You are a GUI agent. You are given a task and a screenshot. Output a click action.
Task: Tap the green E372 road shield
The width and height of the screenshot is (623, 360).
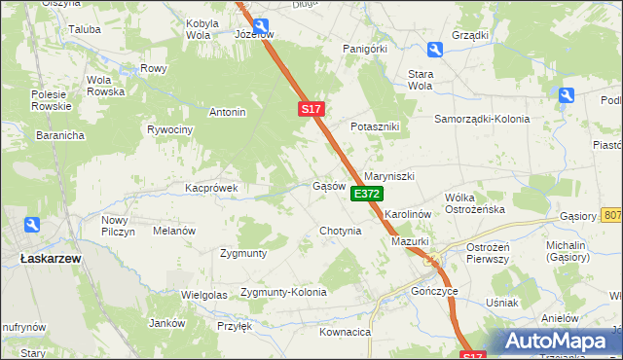coord(367,195)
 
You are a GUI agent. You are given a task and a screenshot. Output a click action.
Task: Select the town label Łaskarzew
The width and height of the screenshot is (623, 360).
coord(51,259)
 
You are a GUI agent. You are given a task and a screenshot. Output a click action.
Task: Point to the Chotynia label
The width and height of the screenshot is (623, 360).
coord(341,232)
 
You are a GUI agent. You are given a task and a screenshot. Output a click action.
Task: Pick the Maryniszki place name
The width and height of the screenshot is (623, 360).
coord(389,176)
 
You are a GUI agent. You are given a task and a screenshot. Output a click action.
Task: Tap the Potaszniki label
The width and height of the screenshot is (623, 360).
coord(377,127)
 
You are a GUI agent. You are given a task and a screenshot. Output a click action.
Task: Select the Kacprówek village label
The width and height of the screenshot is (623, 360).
coord(212,187)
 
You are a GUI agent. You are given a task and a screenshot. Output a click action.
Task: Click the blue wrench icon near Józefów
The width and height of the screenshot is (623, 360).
coord(260,25)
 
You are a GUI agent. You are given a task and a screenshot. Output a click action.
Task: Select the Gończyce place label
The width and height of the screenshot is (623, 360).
coord(434,291)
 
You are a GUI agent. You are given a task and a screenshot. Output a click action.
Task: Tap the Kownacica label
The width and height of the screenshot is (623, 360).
coord(346,332)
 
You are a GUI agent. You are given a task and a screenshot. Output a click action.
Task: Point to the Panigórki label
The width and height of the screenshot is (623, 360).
coord(365,48)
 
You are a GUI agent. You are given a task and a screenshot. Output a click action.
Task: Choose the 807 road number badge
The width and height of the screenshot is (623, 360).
coord(612,215)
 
